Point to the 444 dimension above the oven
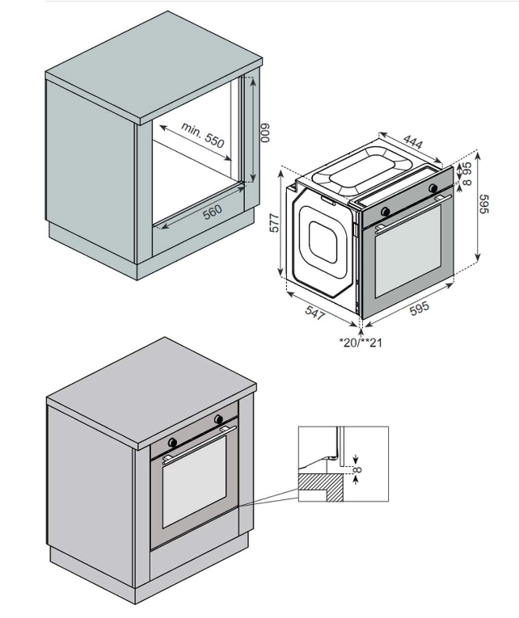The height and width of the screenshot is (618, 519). coord(412,143)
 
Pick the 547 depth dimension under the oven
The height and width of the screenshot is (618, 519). coord(315,309)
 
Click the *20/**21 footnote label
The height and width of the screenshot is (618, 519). coord(361,343)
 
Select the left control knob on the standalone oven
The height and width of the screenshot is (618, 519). coord(386,211)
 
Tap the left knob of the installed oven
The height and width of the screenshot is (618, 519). coord(172,443)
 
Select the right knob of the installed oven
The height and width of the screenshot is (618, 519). coord(218,419)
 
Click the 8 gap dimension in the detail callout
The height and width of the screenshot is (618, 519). coord(357,469)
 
